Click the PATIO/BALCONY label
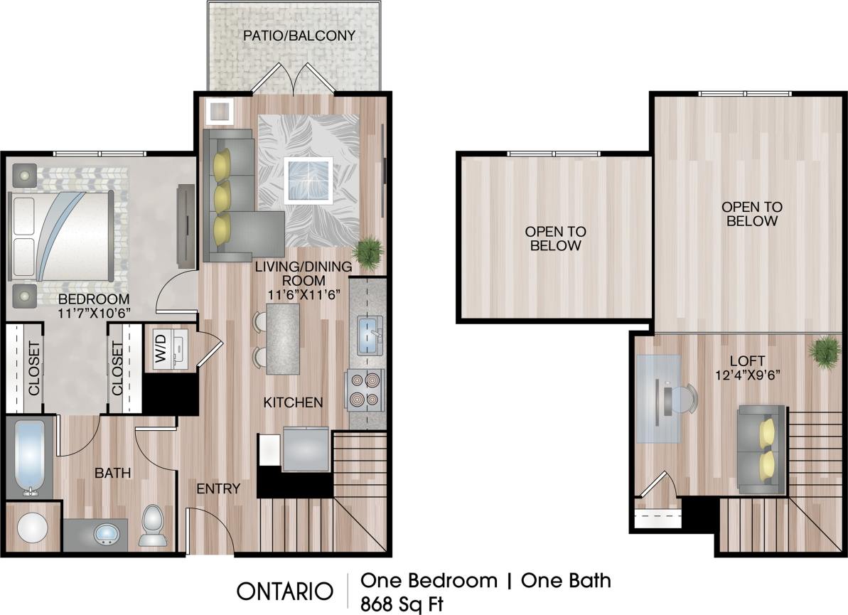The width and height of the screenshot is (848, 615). [x=299, y=35]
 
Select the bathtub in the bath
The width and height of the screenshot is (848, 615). [x=29, y=457]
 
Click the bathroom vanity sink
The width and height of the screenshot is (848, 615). [x=105, y=533]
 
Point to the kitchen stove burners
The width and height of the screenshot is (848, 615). [x=364, y=391]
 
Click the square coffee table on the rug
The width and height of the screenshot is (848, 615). [x=308, y=181]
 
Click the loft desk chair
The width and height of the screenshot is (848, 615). [x=684, y=399]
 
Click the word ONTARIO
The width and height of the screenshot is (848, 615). [x=285, y=591]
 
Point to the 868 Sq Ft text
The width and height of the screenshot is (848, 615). [x=402, y=604]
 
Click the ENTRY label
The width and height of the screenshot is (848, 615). [x=218, y=488]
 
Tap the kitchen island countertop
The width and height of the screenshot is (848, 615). [x=283, y=338]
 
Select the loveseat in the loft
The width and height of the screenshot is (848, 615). [x=762, y=449]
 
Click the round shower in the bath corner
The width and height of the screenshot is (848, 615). [x=32, y=528]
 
